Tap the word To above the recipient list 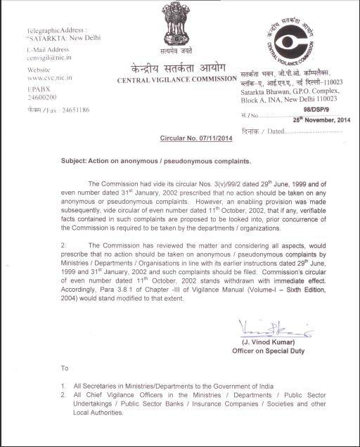[65, 368]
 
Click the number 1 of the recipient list [64, 387]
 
